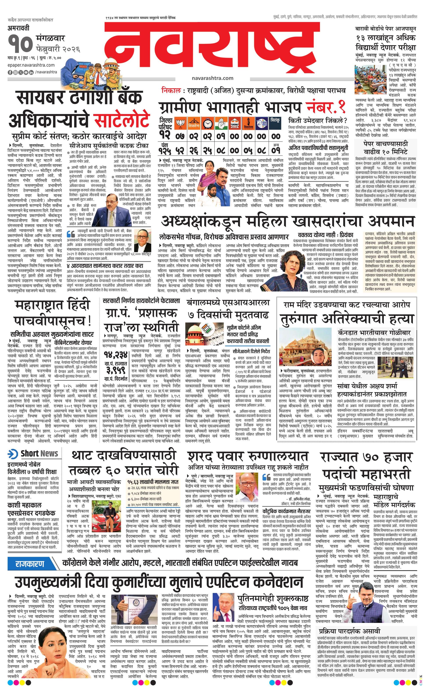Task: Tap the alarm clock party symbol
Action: [208, 123]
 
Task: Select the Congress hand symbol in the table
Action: [221, 123]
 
